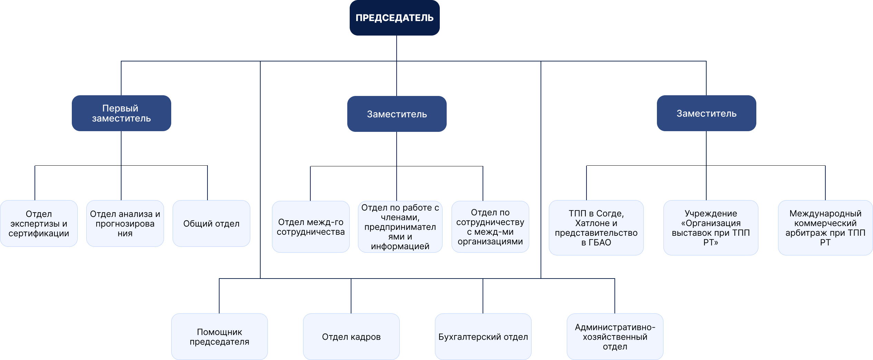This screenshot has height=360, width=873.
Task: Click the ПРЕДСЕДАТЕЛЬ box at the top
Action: click(394, 18)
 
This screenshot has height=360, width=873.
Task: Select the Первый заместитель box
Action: click(121, 113)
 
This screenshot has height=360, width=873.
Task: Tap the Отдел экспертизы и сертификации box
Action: click(39, 223)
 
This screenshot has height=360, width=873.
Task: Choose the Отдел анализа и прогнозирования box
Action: click(125, 223)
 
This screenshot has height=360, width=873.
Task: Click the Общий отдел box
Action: click(211, 223)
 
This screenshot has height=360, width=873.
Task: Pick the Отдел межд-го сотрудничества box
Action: click(311, 227)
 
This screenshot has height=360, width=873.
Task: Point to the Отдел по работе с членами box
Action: click(400, 227)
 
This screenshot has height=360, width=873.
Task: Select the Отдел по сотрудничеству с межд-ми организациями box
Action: click(490, 227)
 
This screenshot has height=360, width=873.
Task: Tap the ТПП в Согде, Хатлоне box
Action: click(596, 228)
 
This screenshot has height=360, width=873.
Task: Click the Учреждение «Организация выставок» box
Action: click(711, 228)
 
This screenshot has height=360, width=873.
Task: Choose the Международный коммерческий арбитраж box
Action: click(825, 228)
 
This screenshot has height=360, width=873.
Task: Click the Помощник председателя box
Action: click(220, 337)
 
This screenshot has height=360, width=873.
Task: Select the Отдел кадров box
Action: click(351, 337)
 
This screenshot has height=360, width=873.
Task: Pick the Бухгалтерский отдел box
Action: click(483, 337)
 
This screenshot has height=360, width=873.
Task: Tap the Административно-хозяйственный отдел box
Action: click(615, 337)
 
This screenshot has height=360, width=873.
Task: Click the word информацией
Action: click(400, 246)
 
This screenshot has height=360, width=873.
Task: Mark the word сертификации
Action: click(39, 233)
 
